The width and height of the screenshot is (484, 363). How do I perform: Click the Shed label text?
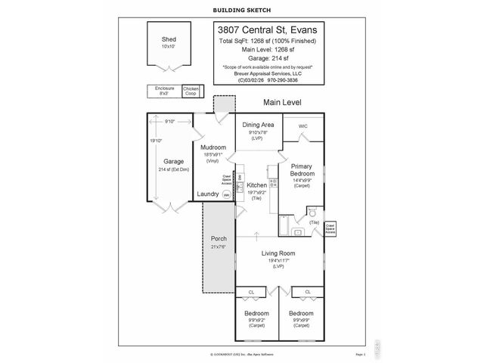pyautogui.click(x=168, y=39)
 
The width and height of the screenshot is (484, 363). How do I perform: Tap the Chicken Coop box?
pyautogui.click(x=192, y=92)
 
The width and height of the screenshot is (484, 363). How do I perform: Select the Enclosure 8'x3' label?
pyautogui.click(x=164, y=91)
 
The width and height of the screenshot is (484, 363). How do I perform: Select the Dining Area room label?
pyautogui.click(x=257, y=124)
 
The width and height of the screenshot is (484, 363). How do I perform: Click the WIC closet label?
pyautogui.click(x=302, y=126)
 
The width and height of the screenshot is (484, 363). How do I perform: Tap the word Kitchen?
pyautogui.click(x=256, y=185)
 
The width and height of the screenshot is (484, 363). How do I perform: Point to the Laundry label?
pyautogui.click(x=208, y=194)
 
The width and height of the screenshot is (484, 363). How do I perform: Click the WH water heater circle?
pyautogui.click(x=226, y=194)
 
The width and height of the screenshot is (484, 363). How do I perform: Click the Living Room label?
pyautogui.click(x=278, y=253)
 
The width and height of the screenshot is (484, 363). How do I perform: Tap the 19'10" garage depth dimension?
pyautogui.click(x=154, y=141)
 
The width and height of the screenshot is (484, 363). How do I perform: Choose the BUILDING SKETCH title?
pyautogui.click(x=242, y=10)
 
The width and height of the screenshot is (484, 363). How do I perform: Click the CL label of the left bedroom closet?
pyautogui.click(x=251, y=292)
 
